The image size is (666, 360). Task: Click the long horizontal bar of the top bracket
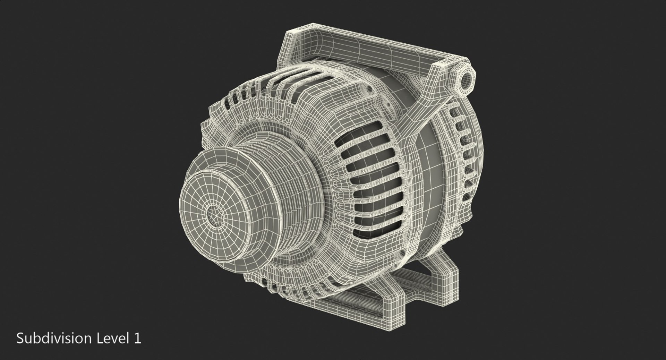364,49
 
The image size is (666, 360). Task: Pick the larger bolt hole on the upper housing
369,90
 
